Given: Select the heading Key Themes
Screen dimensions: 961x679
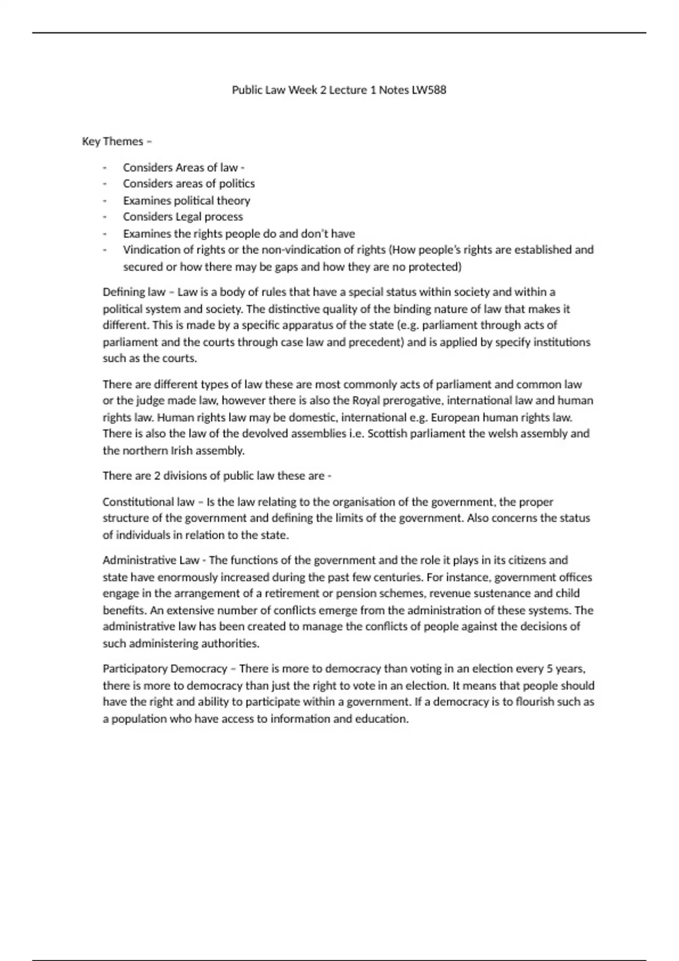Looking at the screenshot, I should tap(113, 141).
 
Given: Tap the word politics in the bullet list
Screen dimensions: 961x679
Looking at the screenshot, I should tap(237, 184).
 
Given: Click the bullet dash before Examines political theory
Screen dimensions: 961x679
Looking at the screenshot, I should tap(105, 201).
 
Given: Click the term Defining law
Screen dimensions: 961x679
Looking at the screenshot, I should tap(134, 292).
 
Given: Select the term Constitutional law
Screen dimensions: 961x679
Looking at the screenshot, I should tap(148, 502).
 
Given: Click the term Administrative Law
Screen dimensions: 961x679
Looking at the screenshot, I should tap(151, 560).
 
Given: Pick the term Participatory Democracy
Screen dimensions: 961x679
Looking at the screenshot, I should tap(165, 669).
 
